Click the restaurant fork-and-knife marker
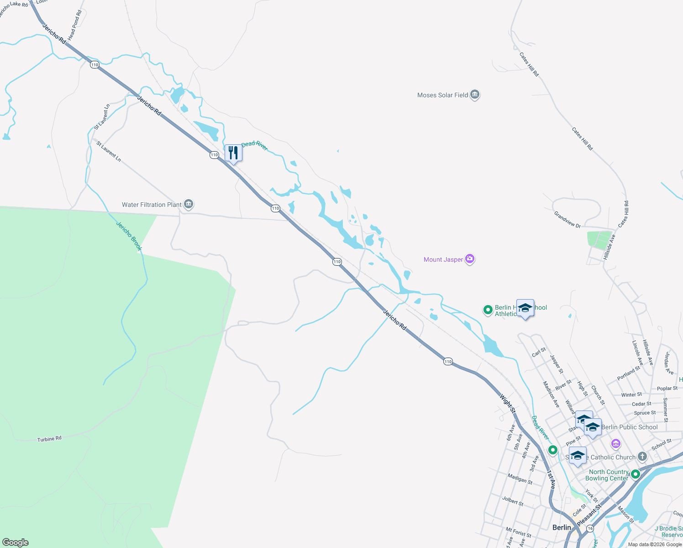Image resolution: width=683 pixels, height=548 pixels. (233, 153)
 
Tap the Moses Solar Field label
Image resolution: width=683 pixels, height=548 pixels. (442, 95)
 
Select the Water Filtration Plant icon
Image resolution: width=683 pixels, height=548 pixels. (189, 204)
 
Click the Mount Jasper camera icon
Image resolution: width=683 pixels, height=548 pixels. (470, 259)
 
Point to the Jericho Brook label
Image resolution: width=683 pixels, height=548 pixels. (129, 236)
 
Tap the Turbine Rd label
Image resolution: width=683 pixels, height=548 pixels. (49, 439)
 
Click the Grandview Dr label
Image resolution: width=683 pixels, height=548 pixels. (567, 219)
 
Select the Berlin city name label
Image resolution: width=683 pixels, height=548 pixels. (562, 527)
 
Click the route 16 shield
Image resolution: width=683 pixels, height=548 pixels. (590, 528)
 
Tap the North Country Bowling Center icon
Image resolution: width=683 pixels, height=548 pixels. (635, 475)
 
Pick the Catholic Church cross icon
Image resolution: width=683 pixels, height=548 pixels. (642, 457)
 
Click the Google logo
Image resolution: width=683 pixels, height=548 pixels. (15, 543)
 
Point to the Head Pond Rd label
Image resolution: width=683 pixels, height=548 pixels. (74, 26)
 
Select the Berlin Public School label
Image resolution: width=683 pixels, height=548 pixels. (629, 427)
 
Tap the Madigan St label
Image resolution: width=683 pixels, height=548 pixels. (520, 479)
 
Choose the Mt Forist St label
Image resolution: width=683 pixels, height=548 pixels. (518, 532)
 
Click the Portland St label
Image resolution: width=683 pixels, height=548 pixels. (629, 373)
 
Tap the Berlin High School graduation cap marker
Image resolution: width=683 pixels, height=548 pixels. (525, 308)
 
